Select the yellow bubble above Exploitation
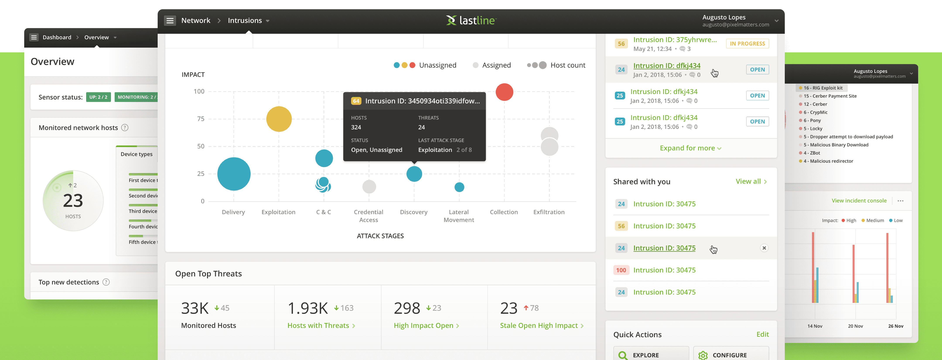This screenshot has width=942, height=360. click(x=279, y=119)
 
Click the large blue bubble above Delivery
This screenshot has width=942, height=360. click(x=234, y=174)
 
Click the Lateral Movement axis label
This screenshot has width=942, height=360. click(x=459, y=216)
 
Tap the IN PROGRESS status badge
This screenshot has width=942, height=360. click(x=747, y=44)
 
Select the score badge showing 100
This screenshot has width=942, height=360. click(x=621, y=270)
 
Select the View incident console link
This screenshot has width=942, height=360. click(x=859, y=201)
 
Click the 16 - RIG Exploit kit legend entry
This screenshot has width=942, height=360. click(x=823, y=88)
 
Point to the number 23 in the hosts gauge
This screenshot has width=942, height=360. click(x=73, y=201)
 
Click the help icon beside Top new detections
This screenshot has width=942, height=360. click(x=106, y=282)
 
